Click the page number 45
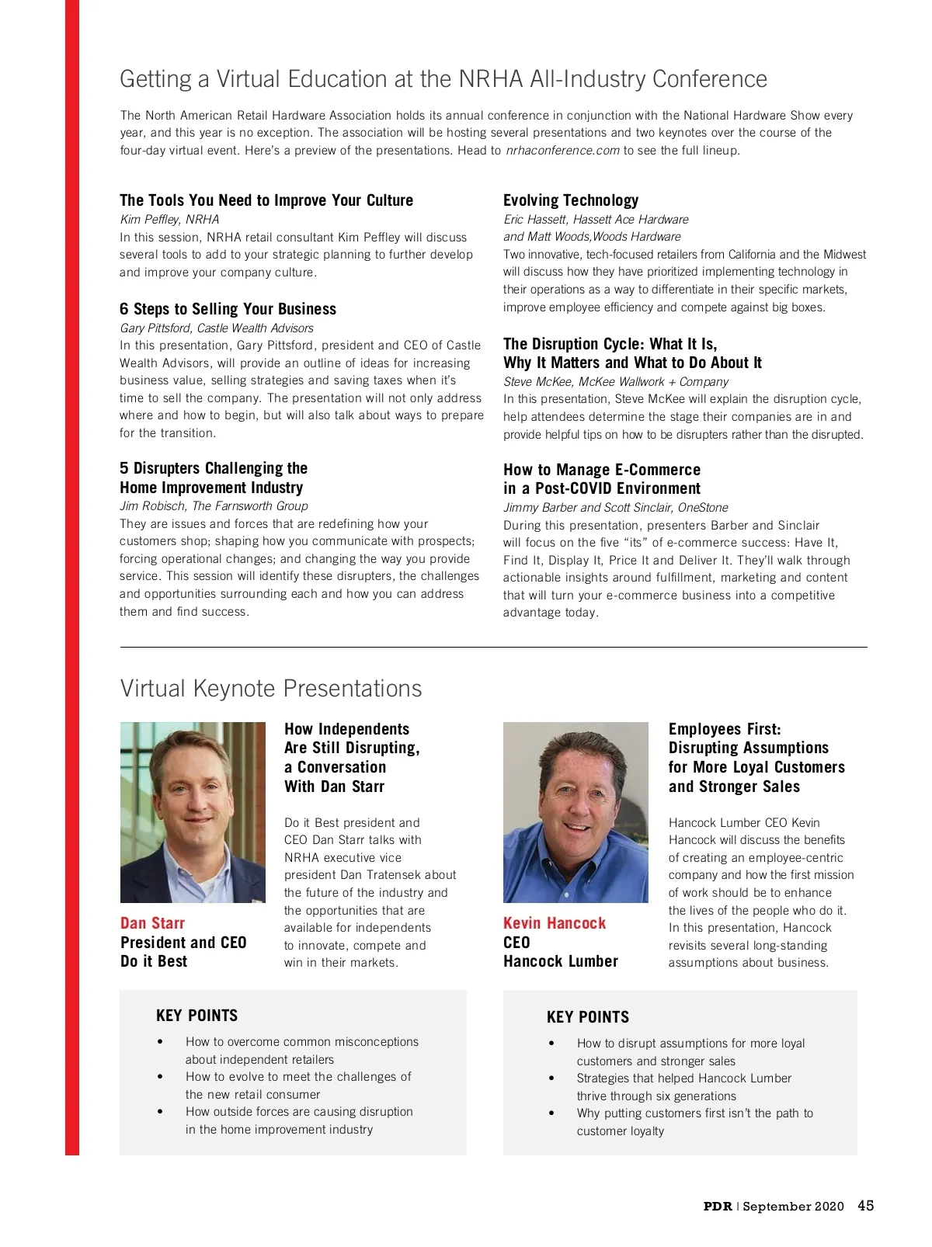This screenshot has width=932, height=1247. point(865,1205)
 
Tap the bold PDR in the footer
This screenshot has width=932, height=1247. point(717,1206)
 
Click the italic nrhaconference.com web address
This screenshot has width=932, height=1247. point(562,151)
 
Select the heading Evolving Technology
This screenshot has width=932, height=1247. point(570,200)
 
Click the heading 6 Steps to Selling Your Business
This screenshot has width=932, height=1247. point(228,309)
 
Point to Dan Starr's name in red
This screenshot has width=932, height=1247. point(152,923)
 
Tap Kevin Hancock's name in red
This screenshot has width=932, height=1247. point(554,923)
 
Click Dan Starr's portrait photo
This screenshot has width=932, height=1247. point(193,812)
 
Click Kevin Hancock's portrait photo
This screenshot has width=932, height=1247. point(576,812)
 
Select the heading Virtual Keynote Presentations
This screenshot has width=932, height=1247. point(270,689)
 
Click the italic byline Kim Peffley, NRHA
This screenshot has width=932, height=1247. point(169,220)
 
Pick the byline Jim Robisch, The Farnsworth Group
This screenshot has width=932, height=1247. point(214,506)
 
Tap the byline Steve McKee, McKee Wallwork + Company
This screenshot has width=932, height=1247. point(615,382)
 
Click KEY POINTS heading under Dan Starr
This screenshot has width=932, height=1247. point(196,1016)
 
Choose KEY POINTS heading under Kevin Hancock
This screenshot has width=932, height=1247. point(587,1017)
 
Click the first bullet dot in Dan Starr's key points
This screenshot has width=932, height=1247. point(160,1042)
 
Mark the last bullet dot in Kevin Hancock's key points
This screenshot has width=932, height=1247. point(551,1113)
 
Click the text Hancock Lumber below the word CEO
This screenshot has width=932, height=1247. point(560,961)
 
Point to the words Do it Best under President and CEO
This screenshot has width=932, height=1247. point(154,961)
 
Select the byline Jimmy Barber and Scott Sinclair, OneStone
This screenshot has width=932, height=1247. point(615,508)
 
